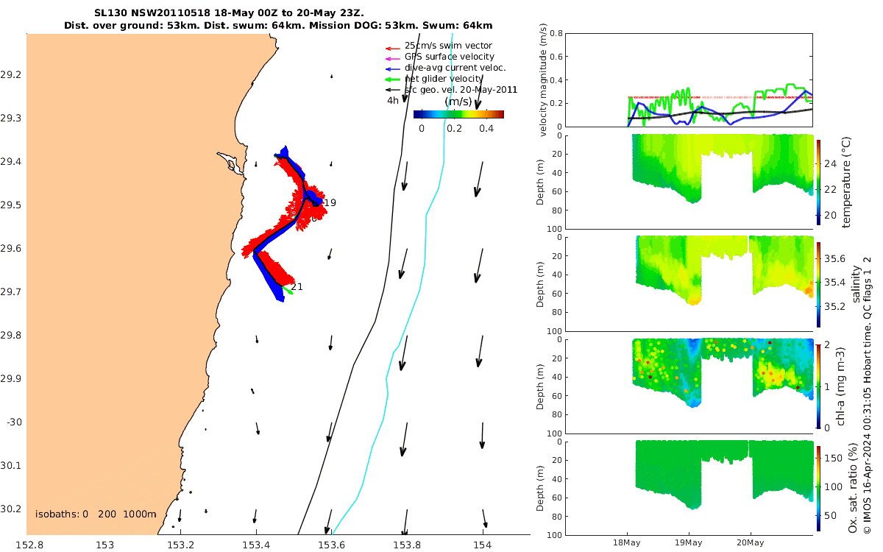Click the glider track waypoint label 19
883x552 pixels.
330,202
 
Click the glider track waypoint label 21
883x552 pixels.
297,286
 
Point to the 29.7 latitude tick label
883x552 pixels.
11,292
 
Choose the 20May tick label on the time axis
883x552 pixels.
751,542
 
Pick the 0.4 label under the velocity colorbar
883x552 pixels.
486,128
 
